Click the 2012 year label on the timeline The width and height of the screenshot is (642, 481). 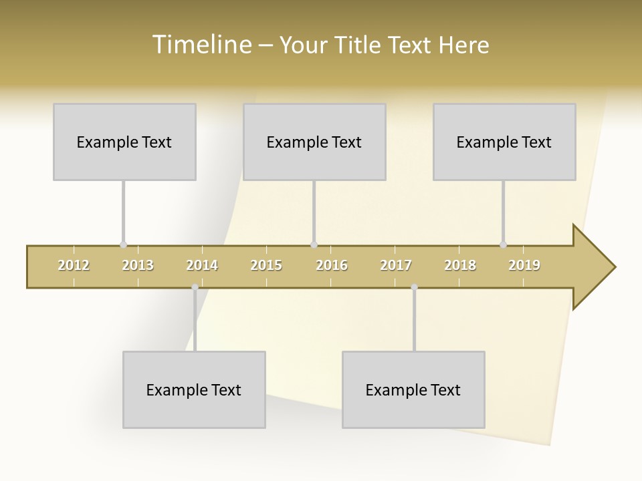point(74,265)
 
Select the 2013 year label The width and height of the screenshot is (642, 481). point(138,265)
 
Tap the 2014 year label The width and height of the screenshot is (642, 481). point(202,265)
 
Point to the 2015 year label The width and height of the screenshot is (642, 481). point(266,265)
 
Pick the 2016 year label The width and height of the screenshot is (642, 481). point(332,265)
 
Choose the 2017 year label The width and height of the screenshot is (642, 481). point(396,265)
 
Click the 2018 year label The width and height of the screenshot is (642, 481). point(460,265)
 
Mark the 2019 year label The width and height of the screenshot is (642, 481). point(524,265)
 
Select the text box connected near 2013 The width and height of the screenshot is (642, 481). point(124,142)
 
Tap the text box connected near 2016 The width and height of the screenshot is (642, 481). point(314,142)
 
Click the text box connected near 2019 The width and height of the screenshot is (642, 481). point(504,142)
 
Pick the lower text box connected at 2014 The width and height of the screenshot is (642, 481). point(194,389)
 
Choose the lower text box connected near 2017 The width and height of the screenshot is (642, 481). point(413,389)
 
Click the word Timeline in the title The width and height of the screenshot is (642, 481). point(201,45)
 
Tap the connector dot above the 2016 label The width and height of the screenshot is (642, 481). point(314,245)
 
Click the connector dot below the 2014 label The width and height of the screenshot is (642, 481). point(195,287)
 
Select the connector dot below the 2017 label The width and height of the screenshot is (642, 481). point(414,287)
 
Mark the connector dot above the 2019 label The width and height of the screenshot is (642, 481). point(503,245)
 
